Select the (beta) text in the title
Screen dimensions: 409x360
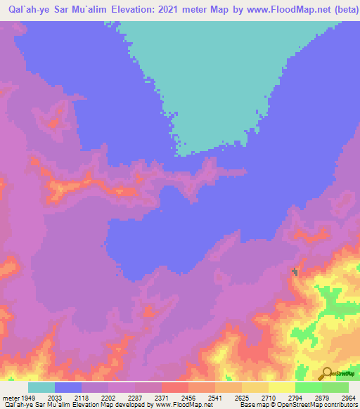(344, 10)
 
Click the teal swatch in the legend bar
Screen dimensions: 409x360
(41, 387)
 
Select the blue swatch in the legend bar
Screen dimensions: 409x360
(68, 387)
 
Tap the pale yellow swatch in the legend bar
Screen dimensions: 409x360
(282, 387)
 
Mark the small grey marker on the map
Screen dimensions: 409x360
(295, 271)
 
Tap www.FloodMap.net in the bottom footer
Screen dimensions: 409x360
(184, 405)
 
